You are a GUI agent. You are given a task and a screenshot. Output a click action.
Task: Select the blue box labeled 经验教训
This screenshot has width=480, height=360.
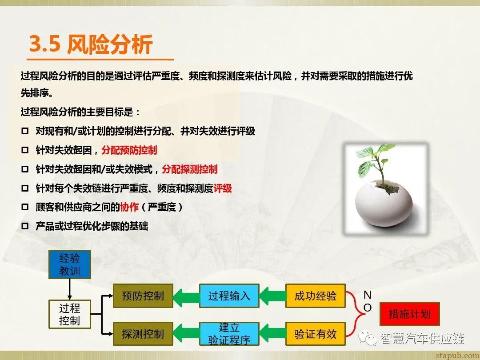click(x=69, y=264)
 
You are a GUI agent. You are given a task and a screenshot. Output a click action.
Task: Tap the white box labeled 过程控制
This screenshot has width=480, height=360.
click(x=69, y=314)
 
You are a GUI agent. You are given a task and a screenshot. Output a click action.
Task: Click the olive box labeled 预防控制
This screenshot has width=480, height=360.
click(x=143, y=296)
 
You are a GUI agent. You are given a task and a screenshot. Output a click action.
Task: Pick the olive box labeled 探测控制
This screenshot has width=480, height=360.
click(x=143, y=334)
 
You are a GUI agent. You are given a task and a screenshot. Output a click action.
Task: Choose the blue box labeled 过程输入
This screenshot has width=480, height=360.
click(x=229, y=296)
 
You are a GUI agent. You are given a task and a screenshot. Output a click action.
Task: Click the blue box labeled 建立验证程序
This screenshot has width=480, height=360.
click(x=229, y=334)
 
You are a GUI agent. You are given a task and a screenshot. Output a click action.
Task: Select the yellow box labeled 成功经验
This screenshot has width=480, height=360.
click(x=315, y=296)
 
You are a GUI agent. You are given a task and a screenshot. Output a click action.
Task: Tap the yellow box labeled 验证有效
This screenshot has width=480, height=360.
click(x=315, y=334)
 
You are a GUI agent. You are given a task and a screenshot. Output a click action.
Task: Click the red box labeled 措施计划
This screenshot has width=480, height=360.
click(x=409, y=314)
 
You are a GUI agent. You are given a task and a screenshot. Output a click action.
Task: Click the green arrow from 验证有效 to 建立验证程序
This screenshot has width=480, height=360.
click(x=272, y=334)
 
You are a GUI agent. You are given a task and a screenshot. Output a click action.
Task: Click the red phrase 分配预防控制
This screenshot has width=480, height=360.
click(x=129, y=150)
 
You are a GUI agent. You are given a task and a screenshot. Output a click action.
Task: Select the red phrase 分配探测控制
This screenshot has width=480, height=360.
click(x=189, y=169)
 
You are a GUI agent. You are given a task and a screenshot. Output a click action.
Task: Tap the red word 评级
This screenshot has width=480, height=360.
click(x=223, y=188)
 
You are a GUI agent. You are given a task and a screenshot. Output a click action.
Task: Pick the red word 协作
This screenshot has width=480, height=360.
click(x=129, y=207)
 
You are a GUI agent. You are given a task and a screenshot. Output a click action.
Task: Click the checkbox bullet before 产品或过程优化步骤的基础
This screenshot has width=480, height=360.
click(x=25, y=226)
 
